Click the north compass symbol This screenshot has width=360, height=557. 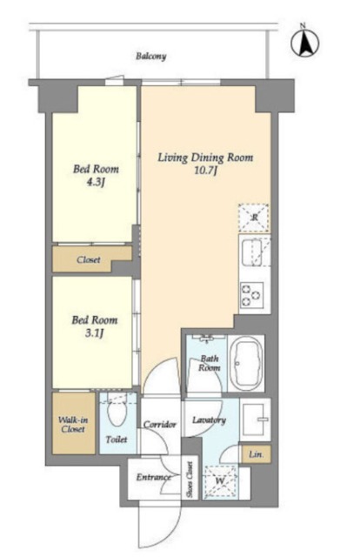pos(304,43)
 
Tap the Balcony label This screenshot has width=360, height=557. pos(151,57)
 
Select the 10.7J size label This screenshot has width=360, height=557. pos(205,171)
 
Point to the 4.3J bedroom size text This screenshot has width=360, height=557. pos(96,182)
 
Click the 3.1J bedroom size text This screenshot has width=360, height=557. pos(95,333)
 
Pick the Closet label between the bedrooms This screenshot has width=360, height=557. pos(89,259)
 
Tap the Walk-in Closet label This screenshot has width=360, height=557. pos(73,424)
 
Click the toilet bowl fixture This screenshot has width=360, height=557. pos(118,411)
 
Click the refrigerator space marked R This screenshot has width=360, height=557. pos(254,218)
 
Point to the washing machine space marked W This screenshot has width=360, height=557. pos(220,481)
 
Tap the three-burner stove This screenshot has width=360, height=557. pos(251,294)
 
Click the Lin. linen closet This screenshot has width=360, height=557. pos(256,454)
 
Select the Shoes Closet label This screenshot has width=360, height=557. pos(190,480)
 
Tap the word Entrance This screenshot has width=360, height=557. pos(153,477)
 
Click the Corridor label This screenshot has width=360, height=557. pos(160,425)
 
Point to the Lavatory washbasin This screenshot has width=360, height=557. pos(256,419)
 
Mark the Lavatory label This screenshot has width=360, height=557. pos(209,420)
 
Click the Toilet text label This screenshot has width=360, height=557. pos(117,440)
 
